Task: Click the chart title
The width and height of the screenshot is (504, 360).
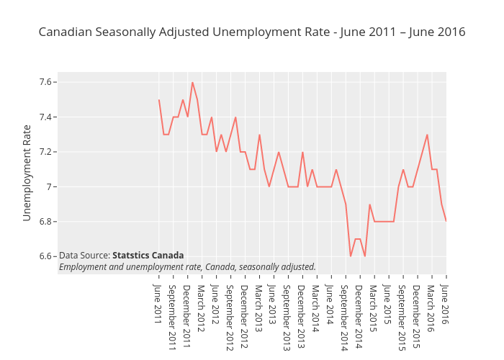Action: coord(252,32)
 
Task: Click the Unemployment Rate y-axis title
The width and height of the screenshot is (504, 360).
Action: coord(27,173)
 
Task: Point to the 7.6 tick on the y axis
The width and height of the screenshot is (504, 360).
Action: coord(47,82)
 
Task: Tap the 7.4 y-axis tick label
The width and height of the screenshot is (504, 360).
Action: coord(47,117)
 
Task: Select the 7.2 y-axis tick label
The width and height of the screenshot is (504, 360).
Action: coord(47,152)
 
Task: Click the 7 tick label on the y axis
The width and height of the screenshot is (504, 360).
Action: coord(50,187)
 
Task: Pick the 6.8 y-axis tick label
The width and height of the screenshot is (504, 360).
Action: coord(47,222)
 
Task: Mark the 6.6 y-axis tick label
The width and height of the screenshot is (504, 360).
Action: coord(47,256)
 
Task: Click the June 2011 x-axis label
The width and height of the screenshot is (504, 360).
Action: coord(158,304)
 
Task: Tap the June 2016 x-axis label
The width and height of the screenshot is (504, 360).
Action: coord(446,304)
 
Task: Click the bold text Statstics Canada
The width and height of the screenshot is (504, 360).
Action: coord(148,256)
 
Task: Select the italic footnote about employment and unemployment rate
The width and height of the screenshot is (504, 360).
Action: coord(187,267)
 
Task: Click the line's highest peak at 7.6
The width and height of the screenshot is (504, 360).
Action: coord(192,82)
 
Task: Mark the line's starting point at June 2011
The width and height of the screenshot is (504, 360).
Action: coord(158,100)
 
